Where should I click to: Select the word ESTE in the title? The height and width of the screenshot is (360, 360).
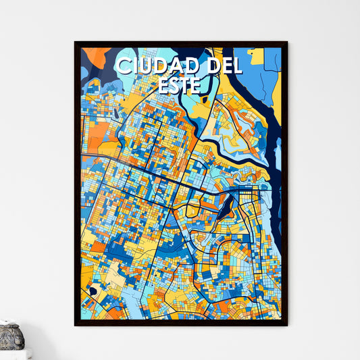180,84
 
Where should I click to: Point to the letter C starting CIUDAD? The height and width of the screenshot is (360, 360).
124,66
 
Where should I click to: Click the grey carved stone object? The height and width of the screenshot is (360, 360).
11,336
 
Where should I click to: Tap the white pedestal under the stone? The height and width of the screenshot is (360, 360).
14,354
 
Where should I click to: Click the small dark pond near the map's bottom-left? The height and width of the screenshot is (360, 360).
93,290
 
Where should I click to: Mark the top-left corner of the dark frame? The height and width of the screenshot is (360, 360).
76,43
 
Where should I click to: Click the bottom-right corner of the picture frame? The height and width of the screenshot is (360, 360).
286,325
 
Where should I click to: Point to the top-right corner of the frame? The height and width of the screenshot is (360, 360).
286,43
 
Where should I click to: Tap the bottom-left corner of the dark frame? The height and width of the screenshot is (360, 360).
76,325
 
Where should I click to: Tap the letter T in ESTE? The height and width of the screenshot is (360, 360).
186,84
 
